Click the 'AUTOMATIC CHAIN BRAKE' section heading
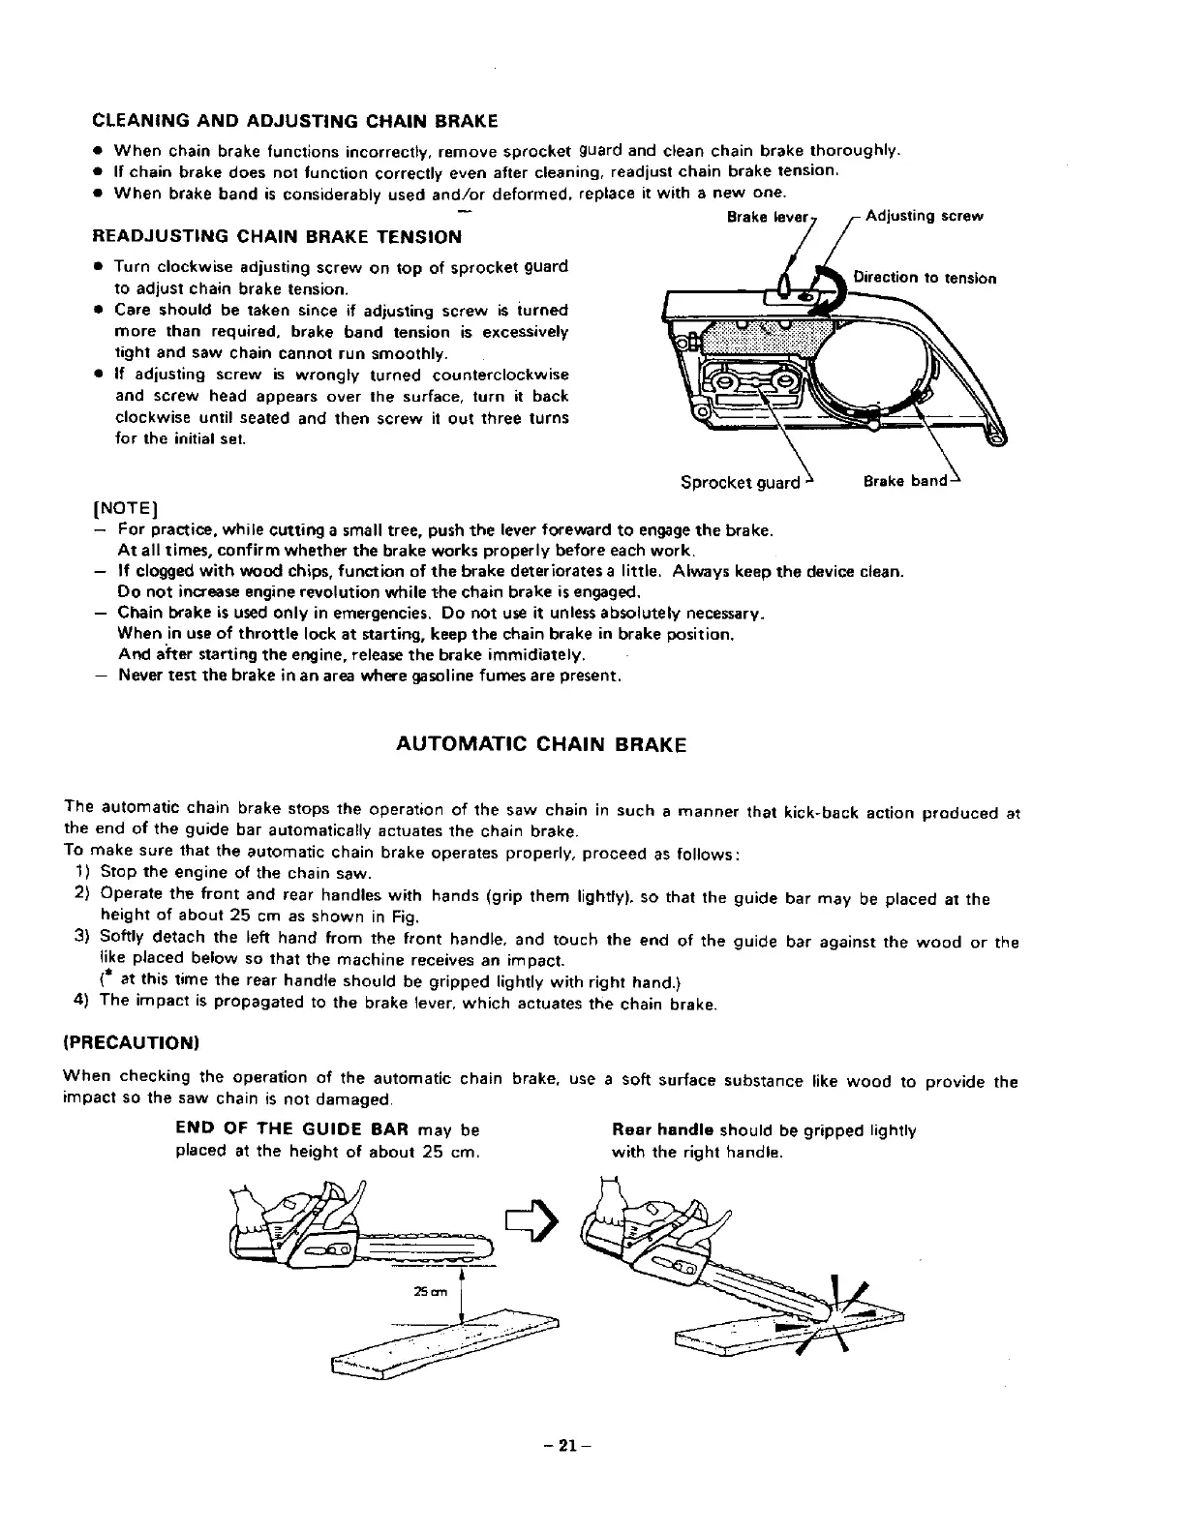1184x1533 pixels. [x=541, y=744]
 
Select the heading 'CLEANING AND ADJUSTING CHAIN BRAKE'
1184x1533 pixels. [x=295, y=121]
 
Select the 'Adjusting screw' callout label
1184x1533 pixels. [x=924, y=216]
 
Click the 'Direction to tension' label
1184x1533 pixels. [x=925, y=278]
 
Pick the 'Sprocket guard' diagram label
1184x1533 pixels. [x=741, y=482]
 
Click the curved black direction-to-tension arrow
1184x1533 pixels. [x=831, y=281]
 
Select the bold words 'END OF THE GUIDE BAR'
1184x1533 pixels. [x=282, y=1130]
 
